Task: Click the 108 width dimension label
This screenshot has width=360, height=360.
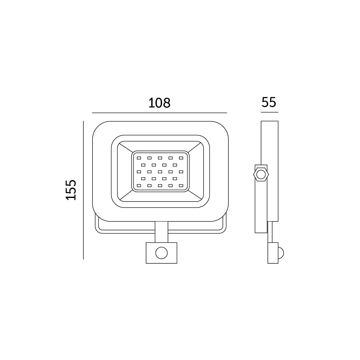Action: point(159,103)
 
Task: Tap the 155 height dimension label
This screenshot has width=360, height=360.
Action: point(71,190)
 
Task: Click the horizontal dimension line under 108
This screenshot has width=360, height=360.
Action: point(159,113)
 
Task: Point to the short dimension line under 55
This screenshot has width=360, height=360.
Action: point(270,112)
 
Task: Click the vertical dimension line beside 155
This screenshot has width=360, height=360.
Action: point(83,190)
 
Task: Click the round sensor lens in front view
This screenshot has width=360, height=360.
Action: point(161,253)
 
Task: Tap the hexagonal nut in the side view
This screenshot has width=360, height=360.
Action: point(261,175)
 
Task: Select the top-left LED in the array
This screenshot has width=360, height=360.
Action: point(139,158)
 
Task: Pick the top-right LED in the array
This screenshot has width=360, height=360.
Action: point(181,158)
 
